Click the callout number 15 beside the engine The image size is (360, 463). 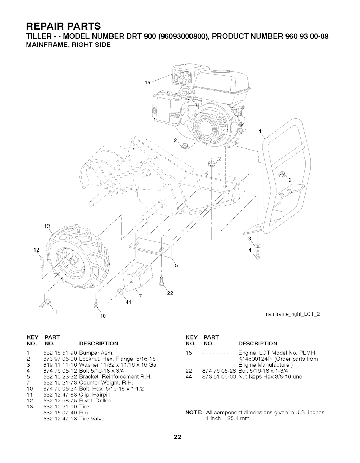click(148, 83)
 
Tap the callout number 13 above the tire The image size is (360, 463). click(47, 226)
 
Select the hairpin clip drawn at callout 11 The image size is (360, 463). click(46, 303)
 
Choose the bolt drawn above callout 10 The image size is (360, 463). click(96, 303)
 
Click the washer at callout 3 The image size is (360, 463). click(258, 246)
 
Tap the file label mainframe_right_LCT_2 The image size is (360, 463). click(292, 314)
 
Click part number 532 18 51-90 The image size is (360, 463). click(60, 353)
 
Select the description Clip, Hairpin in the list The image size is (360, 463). click(95, 394)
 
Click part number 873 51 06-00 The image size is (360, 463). click(219, 376)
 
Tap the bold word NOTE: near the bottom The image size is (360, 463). click(194, 412)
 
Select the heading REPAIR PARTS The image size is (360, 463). click(63, 26)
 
